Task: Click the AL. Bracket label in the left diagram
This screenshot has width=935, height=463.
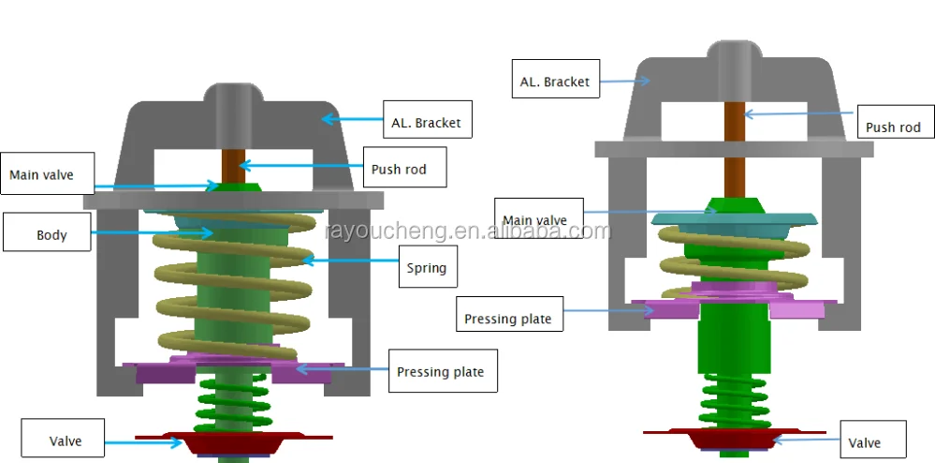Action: [424, 123]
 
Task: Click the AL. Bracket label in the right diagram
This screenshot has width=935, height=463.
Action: [555, 82]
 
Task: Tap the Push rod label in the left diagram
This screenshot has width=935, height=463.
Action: [398, 170]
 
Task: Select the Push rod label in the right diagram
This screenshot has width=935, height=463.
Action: [893, 127]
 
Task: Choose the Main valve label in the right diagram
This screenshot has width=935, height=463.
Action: [534, 221]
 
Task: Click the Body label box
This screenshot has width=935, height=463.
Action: [48, 233]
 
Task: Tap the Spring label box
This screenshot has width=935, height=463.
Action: [426, 268]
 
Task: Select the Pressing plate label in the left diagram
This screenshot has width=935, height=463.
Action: [440, 372]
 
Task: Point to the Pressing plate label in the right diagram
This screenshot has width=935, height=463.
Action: [508, 319]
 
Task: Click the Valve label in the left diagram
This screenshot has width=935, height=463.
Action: [66, 441]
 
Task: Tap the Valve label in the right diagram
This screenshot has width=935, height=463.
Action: [864, 443]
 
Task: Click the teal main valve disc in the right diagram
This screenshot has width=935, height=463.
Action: [736, 218]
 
